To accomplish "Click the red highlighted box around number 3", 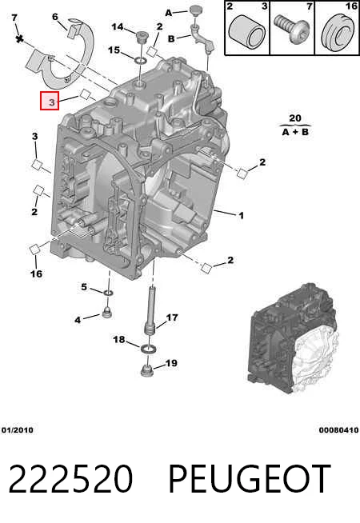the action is (50, 101).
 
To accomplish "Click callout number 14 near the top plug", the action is (118, 26).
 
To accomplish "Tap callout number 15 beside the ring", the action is (114, 50).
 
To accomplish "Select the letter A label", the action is (169, 13).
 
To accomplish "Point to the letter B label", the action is (171, 38).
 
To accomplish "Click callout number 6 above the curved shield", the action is (55, 17).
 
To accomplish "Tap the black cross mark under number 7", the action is (20, 39).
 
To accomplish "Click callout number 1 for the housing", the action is (242, 215).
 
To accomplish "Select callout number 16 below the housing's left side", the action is (36, 273).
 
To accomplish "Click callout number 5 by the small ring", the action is (84, 287).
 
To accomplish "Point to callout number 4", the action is (78, 320).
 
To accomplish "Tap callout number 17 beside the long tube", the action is (172, 317).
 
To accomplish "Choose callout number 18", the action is (119, 340).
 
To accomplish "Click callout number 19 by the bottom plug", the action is (171, 363).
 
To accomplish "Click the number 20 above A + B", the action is (295, 118).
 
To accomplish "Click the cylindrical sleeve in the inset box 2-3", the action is (247, 33).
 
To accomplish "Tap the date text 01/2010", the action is (18, 430).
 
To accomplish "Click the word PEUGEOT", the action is (250, 479).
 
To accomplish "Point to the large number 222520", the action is (70, 479).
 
